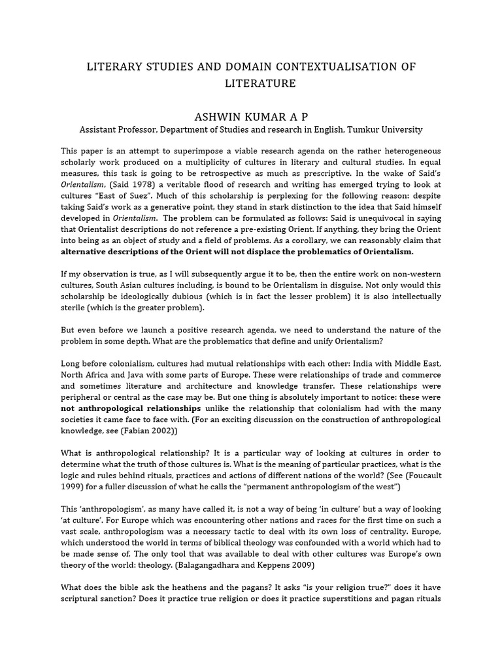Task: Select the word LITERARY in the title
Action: (119, 67)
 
